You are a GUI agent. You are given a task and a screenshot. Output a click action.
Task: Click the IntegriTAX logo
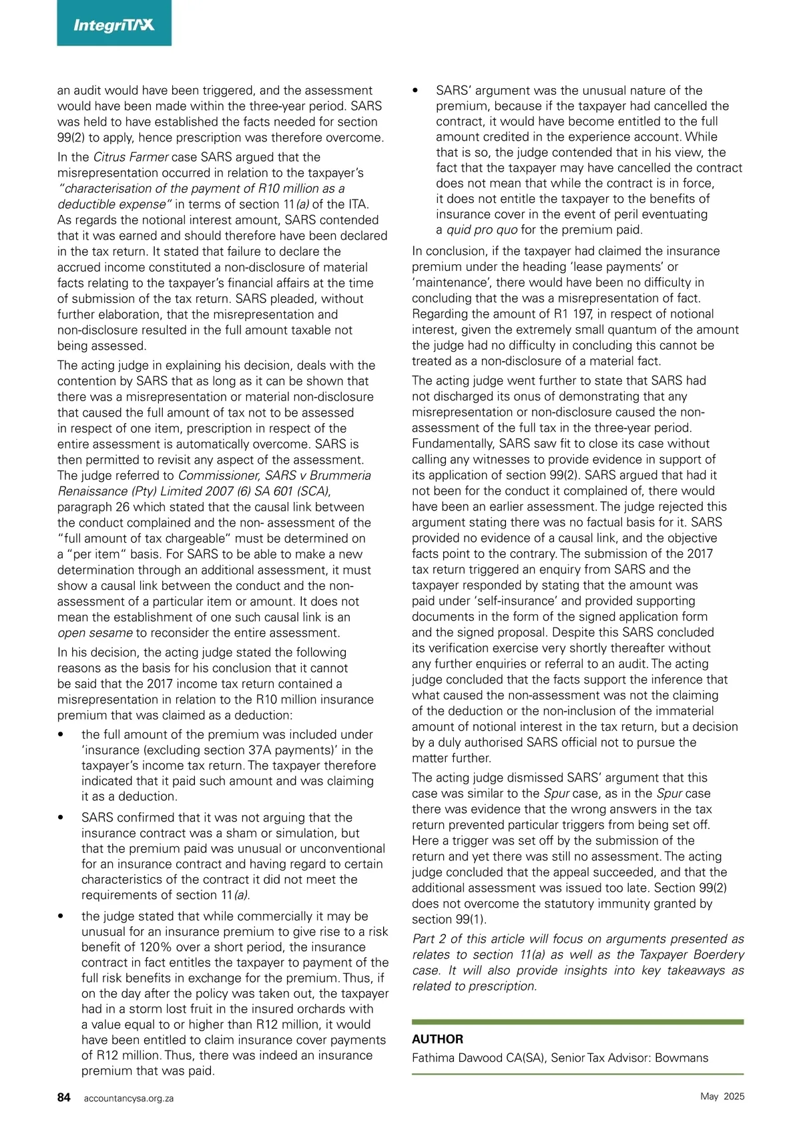(113, 25)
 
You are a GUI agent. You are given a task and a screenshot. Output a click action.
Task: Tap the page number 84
(64, 1097)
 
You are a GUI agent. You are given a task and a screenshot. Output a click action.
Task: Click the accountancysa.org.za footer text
(129, 1098)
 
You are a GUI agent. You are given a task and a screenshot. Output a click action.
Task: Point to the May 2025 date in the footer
(722, 1096)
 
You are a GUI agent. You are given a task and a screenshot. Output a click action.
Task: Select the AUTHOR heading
(437, 1039)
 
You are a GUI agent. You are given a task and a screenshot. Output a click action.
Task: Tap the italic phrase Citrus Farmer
(131, 157)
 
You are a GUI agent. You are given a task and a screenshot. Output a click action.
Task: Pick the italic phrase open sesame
(95, 633)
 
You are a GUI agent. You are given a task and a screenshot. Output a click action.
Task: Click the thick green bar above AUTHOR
(577, 1022)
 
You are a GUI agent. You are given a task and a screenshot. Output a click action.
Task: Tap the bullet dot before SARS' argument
(416, 91)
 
